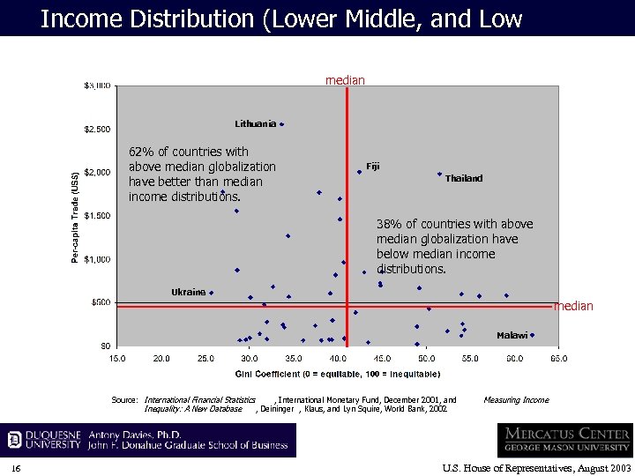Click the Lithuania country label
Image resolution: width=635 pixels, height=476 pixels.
click(255, 123)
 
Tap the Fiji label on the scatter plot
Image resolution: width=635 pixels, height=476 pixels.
click(373, 167)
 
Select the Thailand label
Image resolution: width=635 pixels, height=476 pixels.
click(464, 179)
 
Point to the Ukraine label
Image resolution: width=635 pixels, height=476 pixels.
click(188, 292)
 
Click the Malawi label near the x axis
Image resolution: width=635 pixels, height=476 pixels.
click(512, 335)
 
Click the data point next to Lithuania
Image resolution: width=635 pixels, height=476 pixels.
click(281, 124)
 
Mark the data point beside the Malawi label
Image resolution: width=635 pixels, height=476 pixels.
click(532, 335)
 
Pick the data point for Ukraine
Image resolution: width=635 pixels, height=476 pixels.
click(211, 293)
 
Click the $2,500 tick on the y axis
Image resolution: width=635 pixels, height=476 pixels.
click(97, 130)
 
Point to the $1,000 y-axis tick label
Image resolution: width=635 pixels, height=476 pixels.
click(97, 259)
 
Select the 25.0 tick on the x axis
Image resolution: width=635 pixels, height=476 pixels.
click(205, 359)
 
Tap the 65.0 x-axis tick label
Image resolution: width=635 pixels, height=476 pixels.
click(558, 359)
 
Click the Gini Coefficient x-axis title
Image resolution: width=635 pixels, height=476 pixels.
click(325, 375)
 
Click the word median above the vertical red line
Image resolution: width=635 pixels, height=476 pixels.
click(345, 80)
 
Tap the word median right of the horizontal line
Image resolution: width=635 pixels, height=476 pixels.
click(573, 306)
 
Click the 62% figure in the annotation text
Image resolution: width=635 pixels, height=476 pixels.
click(141, 152)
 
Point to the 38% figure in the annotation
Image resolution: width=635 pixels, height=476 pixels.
click(389, 224)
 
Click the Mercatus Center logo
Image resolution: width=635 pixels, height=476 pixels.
click(564, 440)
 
